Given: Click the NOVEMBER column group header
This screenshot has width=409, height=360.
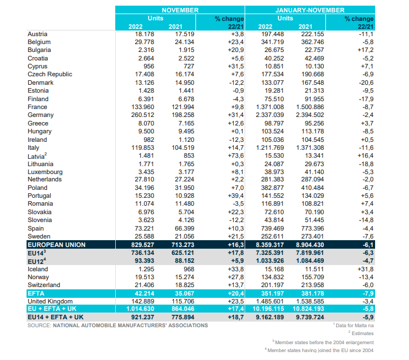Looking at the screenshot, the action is point(180,10).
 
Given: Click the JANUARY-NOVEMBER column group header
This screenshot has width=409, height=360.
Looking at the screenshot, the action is point(310,10).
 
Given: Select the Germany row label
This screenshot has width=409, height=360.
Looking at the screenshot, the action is point(41,115).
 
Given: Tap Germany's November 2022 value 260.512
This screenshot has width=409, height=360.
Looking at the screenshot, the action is point(142,115).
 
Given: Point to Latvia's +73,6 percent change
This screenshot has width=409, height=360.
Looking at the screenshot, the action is point(236,156).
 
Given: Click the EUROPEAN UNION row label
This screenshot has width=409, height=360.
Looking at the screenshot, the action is point(56,245).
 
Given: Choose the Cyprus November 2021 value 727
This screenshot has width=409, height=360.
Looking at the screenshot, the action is point(189,66).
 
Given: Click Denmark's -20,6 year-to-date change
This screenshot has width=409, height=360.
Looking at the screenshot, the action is point(366,83).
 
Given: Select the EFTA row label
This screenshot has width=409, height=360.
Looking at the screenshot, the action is point(36,293).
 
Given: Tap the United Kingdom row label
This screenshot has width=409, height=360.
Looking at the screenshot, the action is point(50,301).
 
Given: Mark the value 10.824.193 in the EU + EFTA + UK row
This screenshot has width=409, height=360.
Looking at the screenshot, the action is point(308,309).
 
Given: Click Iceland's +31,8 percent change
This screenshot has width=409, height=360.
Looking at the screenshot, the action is point(366,269).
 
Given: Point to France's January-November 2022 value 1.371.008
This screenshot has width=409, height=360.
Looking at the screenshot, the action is point(269,107).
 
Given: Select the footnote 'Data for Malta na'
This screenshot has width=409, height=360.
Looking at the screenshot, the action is point(354,326).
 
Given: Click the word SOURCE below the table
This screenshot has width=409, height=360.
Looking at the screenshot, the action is point(39,326).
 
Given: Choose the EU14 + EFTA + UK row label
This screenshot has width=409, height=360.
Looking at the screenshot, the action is point(55,317).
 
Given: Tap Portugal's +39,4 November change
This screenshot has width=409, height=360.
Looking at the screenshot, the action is point(236,196).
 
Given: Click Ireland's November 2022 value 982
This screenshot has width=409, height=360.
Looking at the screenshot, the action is point(149,140).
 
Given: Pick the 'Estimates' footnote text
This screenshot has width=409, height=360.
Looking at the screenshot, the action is point(363,333).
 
